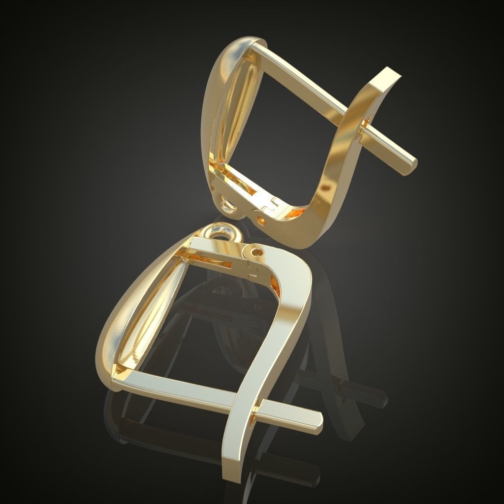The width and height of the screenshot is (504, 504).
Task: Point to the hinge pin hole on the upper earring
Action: pos(260,217)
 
